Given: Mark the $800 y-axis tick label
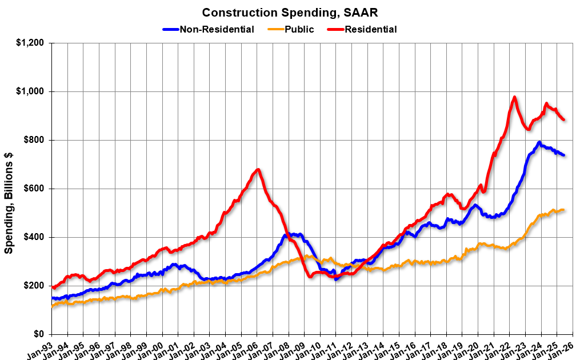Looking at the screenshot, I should pyautogui.click(x=37, y=141).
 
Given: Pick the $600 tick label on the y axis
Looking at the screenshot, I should pyautogui.click(x=37, y=189).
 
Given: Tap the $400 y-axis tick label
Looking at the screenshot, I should pyautogui.click(x=37, y=237).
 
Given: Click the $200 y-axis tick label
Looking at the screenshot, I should pyautogui.click(x=37, y=286).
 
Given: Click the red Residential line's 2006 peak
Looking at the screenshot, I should pyautogui.click(x=258, y=169).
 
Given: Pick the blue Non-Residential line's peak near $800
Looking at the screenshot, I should pyautogui.click(x=539, y=142).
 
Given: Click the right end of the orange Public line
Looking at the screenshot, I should pyautogui.click(x=564, y=210).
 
